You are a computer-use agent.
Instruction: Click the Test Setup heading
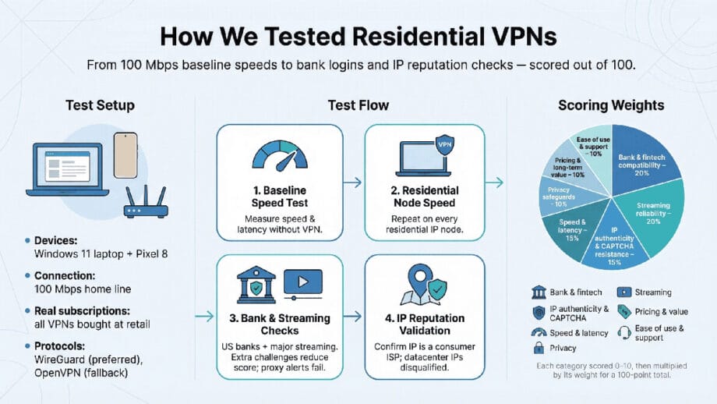tap(100, 105)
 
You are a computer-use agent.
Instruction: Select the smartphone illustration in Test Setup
tap(125, 155)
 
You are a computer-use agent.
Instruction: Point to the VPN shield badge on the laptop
tap(445, 145)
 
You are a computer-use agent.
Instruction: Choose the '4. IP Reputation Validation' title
tap(425, 325)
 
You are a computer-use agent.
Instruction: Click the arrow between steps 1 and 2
tap(353, 183)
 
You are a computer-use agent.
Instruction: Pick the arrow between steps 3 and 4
tap(353, 316)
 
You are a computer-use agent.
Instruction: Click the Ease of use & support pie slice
tap(594, 146)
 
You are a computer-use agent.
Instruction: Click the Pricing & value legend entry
tap(651, 311)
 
